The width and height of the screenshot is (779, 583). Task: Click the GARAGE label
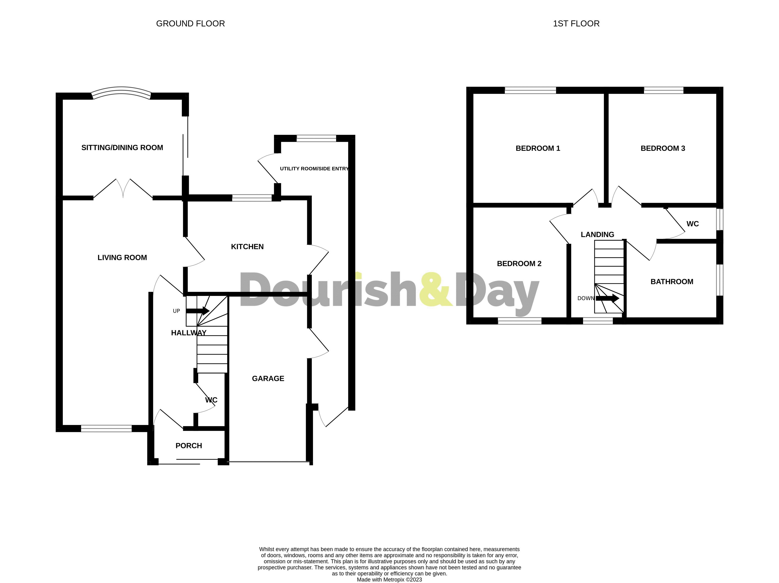pyautogui.click(x=268, y=379)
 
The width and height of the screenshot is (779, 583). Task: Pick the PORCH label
pyautogui.click(x=189, y=446)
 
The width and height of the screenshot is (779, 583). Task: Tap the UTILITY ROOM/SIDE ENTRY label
pyautogui.click(x=314, y=169)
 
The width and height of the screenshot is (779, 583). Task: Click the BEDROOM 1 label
pyautogui.click(x=538, y=149)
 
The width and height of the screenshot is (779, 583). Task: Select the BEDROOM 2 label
pyautogui.click(x=519, y=264)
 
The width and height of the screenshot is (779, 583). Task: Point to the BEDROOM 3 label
pyautogui.click(x=663, y=149)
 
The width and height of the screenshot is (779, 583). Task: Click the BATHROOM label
pyautogui.click(x=671, y=282)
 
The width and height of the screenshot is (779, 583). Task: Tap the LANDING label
pyautogui.click(x=597, y=234)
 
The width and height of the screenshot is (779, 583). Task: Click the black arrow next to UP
pyautogui.click(x=197, y=311)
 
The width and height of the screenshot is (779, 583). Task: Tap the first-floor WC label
pyautogui.click(x=692, y=224)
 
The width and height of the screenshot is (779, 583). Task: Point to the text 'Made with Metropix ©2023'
pyautogui.click(x=389, y=579)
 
